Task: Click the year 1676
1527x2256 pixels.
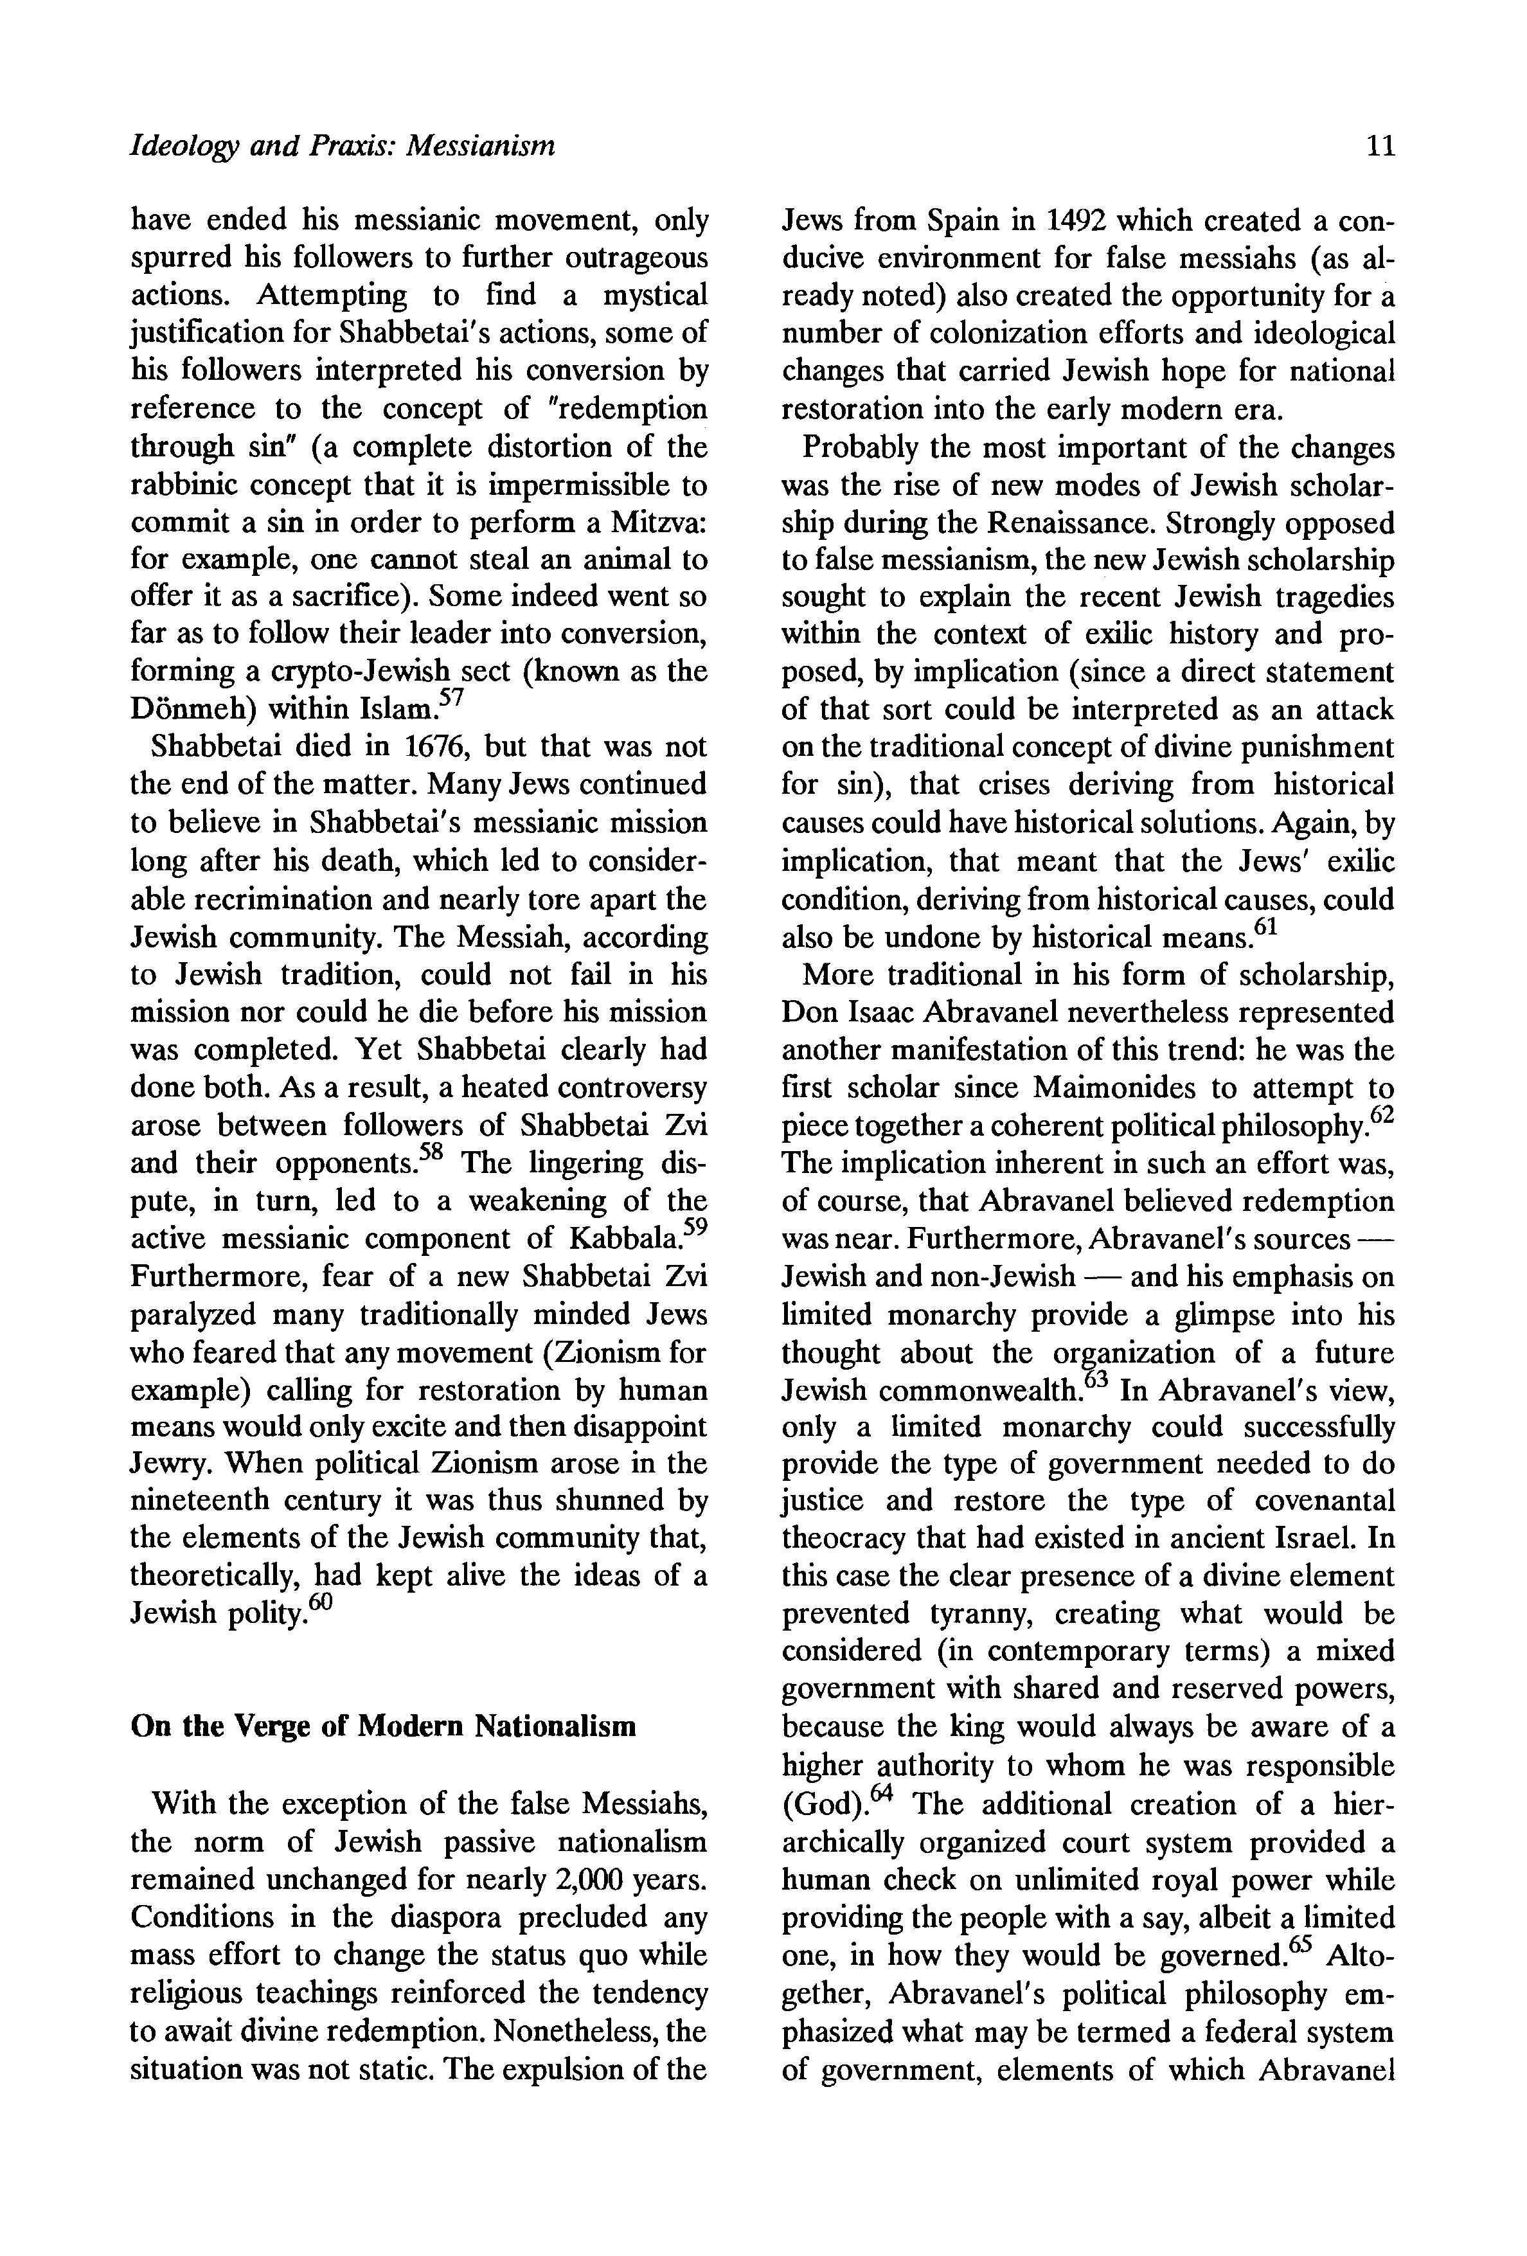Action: (436, 748)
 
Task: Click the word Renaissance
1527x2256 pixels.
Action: (1068, 523)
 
